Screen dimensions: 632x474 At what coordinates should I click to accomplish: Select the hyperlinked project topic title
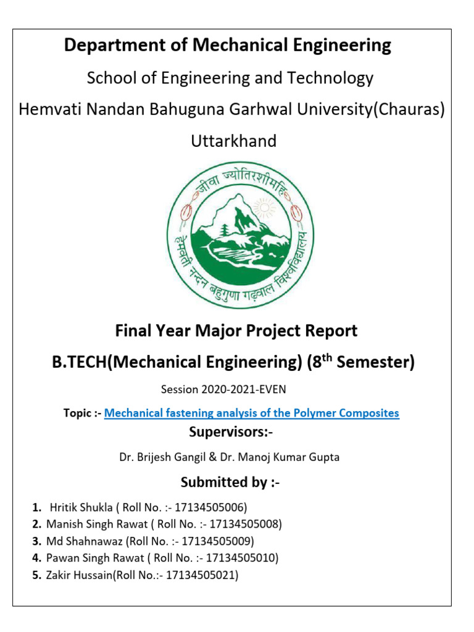252,413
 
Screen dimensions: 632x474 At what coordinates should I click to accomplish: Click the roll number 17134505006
210,508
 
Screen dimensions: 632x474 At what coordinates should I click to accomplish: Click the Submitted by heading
230,482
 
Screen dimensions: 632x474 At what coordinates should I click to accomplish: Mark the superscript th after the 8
331,357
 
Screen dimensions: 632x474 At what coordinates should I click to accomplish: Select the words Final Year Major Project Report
236,331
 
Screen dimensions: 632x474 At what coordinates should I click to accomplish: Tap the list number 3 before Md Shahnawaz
36,541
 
